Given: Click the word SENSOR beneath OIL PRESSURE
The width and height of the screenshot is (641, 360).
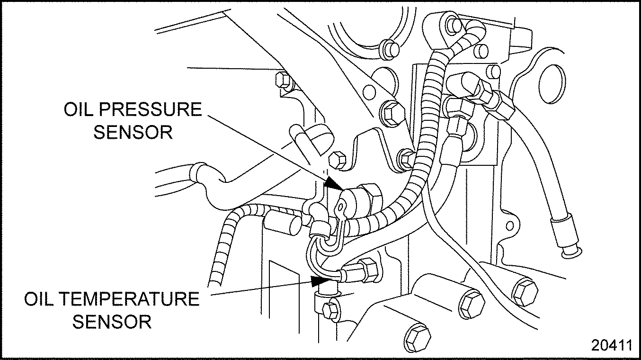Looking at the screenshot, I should pos(133,132).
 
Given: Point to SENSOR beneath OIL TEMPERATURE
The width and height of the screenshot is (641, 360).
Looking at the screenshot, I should pos(113,322).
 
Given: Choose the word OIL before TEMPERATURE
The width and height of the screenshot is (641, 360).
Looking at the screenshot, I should pos(40,300).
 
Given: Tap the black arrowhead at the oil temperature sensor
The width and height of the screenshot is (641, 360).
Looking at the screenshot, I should pos(318,280).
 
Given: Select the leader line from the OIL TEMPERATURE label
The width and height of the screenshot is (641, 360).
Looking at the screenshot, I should pos(260,288).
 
